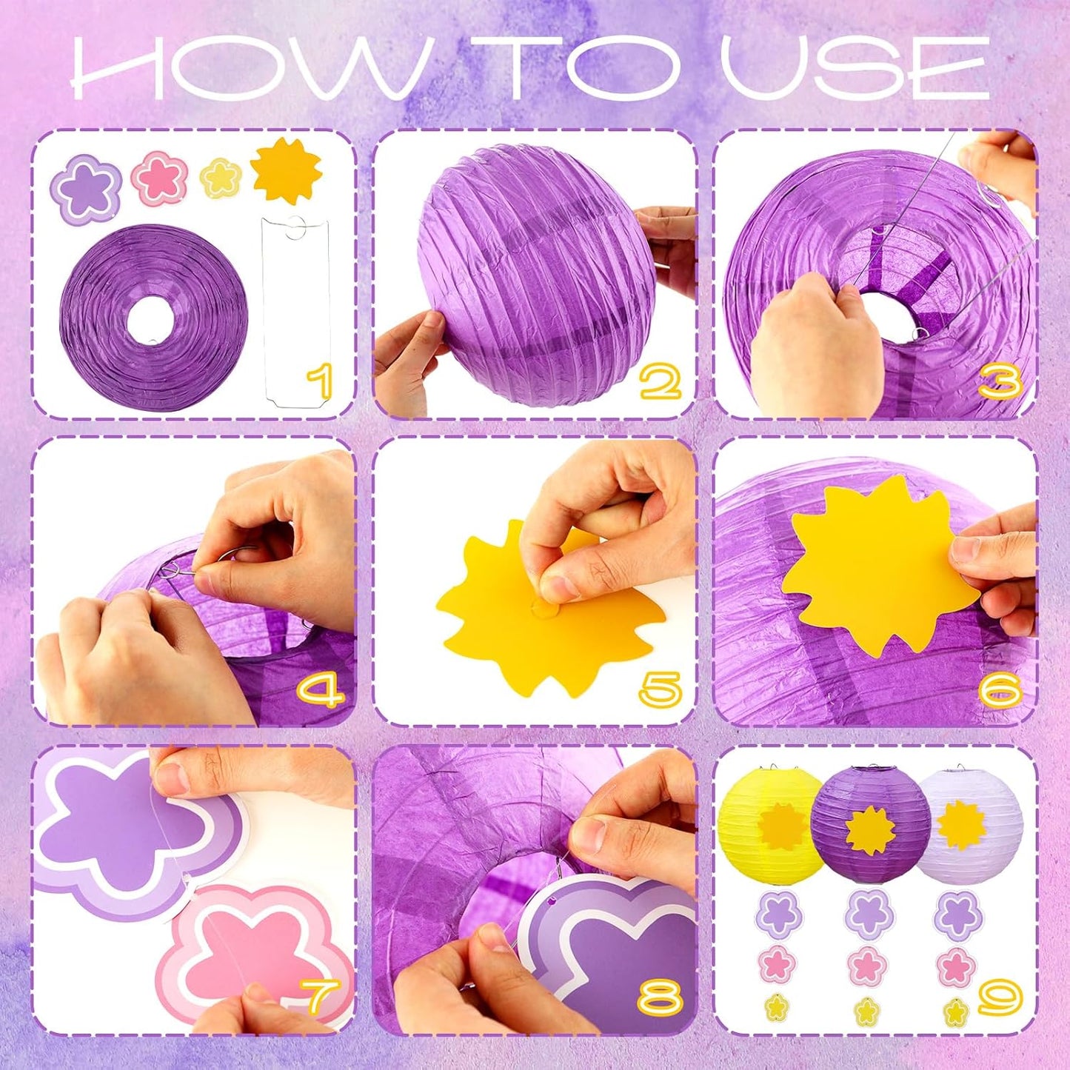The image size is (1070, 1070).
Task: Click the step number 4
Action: coord(320,689)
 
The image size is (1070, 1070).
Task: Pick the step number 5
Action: coord(660,689)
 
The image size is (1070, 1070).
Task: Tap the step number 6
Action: coord(1000,689)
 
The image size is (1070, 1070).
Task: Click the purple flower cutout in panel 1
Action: coord(87,185)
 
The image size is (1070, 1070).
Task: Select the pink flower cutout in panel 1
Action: coord(158,180)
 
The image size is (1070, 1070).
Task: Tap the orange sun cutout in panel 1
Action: coord(285,173)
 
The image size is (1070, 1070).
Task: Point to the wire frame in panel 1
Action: coord(295,312)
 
